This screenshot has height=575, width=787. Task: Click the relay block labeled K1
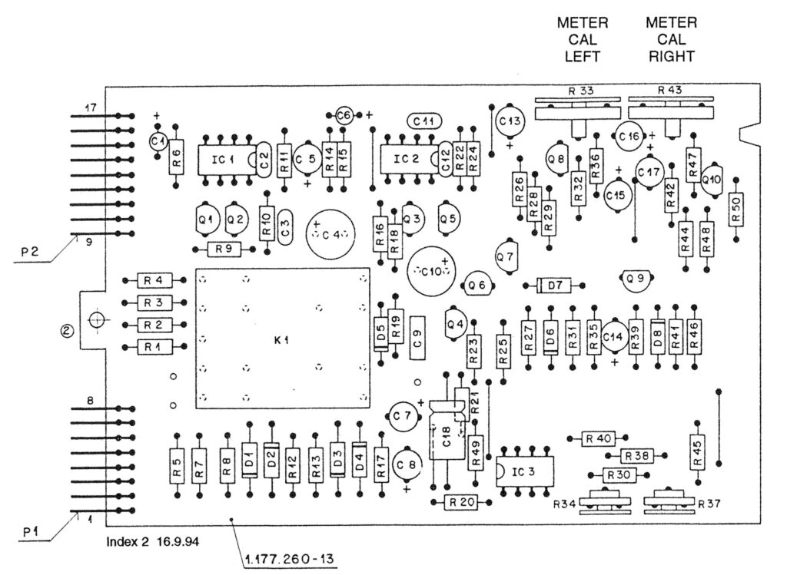(282, 337)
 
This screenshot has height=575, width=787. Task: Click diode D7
(555, 286)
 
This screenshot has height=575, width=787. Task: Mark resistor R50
(736, 210)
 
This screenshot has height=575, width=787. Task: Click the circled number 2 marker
(68, 331)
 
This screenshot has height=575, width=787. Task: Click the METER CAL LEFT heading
(582, 40)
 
